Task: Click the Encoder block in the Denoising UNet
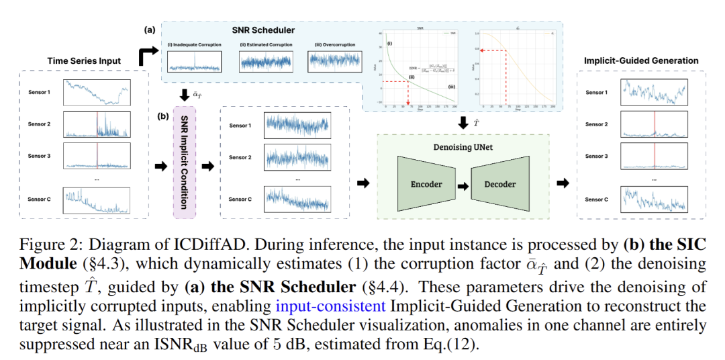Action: click(x=427, y=184)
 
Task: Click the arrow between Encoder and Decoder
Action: click(x=463, y=184)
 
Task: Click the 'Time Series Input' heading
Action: click(x=84, y=60)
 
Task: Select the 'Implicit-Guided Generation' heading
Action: click(x=640, y=60)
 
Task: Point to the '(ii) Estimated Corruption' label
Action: click(x=263, y=45)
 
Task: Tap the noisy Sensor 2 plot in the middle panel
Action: click(x=296, y=157)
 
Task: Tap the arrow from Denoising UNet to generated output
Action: click(x=565, y=183)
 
